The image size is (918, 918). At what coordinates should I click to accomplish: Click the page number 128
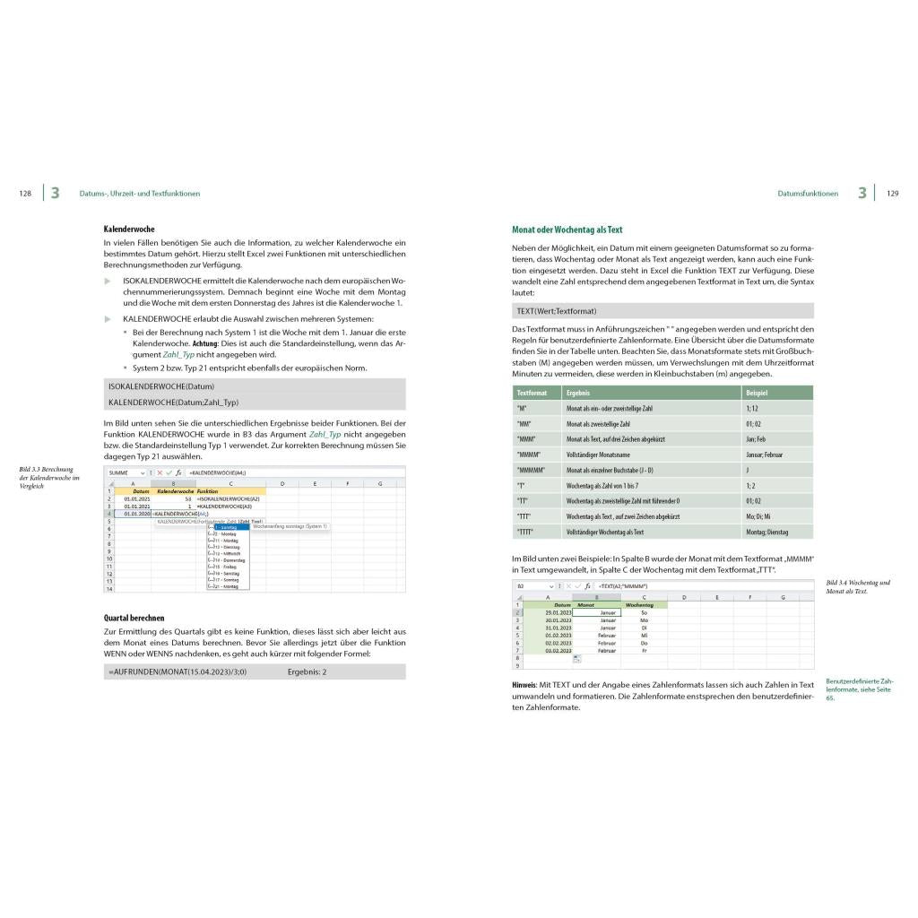tap(25, 194)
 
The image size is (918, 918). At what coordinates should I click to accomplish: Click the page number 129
tap(892, 194)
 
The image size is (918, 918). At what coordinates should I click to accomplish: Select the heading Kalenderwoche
tap(129, 229)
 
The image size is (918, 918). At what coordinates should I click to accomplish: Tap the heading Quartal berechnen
tap(134, 618)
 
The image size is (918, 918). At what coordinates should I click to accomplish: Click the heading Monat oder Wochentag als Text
tap(567, 229)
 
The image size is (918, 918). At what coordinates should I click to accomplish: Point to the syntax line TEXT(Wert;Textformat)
tap(556, 311)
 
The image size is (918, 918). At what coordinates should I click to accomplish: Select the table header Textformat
tap(532, 393)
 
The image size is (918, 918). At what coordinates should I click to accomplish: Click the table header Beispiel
tap(756, 393)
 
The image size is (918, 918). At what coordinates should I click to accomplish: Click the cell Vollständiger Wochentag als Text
tap(604, 532)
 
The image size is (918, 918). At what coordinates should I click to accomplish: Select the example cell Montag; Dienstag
tap(766, 532)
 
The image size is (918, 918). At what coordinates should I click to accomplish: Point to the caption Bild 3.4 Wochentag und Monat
tap(857, 587)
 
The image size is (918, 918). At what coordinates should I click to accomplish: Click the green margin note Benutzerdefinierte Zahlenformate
tap(859, 688)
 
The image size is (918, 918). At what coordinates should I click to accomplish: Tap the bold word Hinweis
tap(525, 685)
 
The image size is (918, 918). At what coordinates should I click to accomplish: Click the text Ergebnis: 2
tap(307, 671)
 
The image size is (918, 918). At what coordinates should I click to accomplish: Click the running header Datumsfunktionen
tap(808, 194)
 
